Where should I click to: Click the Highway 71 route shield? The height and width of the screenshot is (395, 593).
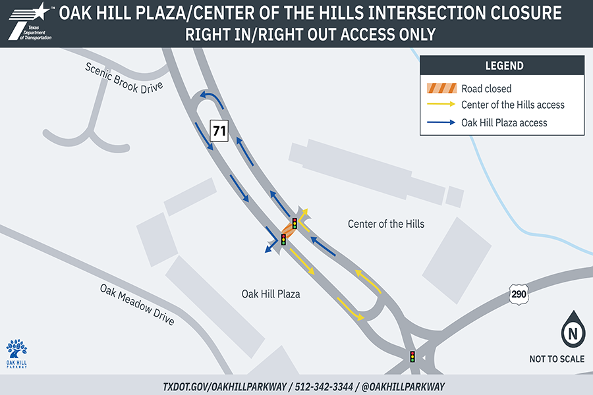coord(219,131)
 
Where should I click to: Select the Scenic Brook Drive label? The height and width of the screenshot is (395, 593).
coord(124,78)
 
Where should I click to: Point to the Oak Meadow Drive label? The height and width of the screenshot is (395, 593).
coord(137,304)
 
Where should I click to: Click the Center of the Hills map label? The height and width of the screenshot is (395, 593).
coord(386,224)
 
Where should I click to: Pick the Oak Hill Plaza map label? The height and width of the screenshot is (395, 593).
coord(271,294)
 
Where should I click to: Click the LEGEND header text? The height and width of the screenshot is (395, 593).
coord(504,66)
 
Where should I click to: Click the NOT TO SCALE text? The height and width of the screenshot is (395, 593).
coord(557,359)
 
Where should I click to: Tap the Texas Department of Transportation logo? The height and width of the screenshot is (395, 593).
coord(30,22)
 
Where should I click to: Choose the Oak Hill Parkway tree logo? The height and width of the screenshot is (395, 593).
coord(16,352)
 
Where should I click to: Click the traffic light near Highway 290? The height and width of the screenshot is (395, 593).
coord(412,357)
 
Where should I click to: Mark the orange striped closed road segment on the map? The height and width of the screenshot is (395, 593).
coord(289,231)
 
